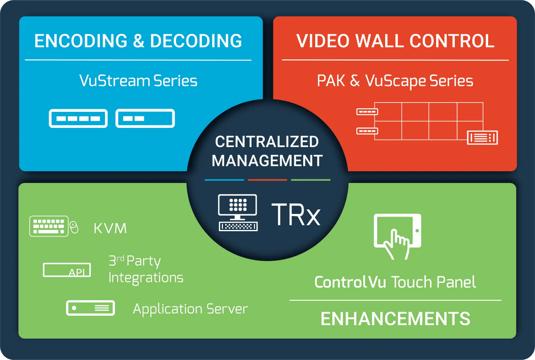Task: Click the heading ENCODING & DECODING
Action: (138, 41)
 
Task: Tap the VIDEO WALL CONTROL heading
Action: (395, 41)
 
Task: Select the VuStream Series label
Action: (138, 81)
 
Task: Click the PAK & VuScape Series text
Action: (395, 81)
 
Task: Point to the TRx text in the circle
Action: (296, 214)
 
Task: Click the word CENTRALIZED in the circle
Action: (267, 142)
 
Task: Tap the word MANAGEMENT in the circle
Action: (267, 160)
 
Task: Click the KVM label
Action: (110, 229)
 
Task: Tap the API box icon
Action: (67, 270)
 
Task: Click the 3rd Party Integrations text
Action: (146, 270)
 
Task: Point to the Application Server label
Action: (190, 309)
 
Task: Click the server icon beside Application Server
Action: (91, 308)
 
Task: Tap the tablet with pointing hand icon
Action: (397, 236)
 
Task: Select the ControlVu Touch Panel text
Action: (395, 282)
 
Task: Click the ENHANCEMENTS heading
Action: (395, 319)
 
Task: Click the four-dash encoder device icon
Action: (78, 119)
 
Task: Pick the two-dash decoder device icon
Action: (145, 119)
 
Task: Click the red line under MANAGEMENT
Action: (267, 180)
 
